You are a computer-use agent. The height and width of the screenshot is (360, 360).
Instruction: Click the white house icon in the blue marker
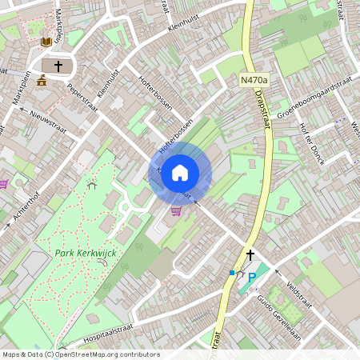(180, 172)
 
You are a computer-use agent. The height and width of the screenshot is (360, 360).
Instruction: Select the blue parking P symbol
(252, 278)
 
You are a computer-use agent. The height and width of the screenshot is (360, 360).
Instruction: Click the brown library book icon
(46, 41)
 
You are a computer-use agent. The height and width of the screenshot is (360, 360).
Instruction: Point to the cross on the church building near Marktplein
(58, 66)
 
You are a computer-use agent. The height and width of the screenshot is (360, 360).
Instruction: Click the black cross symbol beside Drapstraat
(250, 255)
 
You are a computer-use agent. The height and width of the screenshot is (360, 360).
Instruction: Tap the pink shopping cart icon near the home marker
(176, 210)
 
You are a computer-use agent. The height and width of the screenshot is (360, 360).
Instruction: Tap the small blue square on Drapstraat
(232, 273)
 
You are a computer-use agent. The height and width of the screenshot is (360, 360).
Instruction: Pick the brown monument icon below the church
(42, 80)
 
